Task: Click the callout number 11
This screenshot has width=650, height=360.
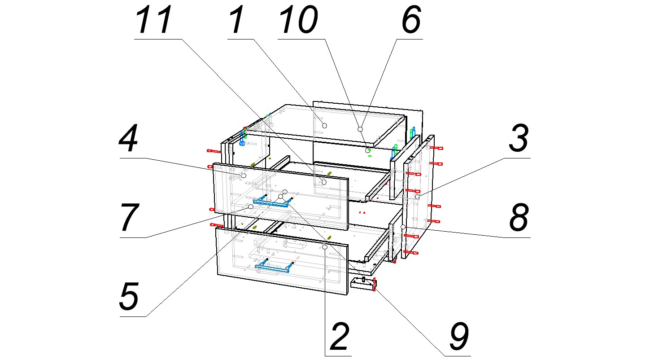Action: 154,20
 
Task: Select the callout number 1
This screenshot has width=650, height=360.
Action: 236,20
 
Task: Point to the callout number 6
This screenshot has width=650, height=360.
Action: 411,20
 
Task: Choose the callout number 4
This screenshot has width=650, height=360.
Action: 128,139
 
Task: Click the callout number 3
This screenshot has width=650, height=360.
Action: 519,139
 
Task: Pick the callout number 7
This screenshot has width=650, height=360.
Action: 130,218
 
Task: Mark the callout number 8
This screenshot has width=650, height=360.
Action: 519,218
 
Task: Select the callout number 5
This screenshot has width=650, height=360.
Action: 129,297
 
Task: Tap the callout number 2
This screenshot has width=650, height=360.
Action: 340,337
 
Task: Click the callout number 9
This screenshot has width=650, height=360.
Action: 459,337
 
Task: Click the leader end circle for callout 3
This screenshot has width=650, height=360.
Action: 417,197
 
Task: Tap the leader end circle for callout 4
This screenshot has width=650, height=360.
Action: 244,176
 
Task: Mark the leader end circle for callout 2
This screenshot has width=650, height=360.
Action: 325,247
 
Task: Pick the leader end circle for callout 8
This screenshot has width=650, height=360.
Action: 403,226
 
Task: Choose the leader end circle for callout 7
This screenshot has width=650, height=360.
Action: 251,206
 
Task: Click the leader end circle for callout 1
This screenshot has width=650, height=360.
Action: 325,125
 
